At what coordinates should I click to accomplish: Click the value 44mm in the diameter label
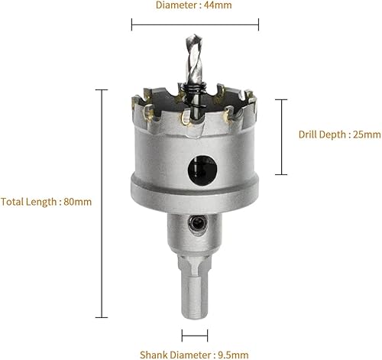point(218,5)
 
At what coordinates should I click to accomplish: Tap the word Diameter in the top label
point(177,5)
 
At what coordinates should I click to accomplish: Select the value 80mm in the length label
point(78,202)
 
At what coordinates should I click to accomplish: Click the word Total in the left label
point(12,202)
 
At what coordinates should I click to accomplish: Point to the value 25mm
point(367,135)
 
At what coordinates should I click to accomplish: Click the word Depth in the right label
point(330,135)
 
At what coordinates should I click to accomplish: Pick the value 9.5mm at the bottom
point(233,355)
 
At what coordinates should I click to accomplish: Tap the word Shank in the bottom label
point(154,355)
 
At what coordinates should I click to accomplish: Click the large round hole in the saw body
point(202,170)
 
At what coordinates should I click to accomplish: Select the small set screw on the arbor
point(198,223)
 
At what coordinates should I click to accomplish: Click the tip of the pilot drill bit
point(194,36)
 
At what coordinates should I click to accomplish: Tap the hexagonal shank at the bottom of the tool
point(195,287)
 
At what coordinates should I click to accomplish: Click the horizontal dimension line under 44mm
point(195,24)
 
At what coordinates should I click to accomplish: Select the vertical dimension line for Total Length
point(102,203)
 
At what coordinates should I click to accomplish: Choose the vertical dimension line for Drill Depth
point(281,137)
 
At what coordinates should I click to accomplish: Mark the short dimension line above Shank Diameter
point(195,336)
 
